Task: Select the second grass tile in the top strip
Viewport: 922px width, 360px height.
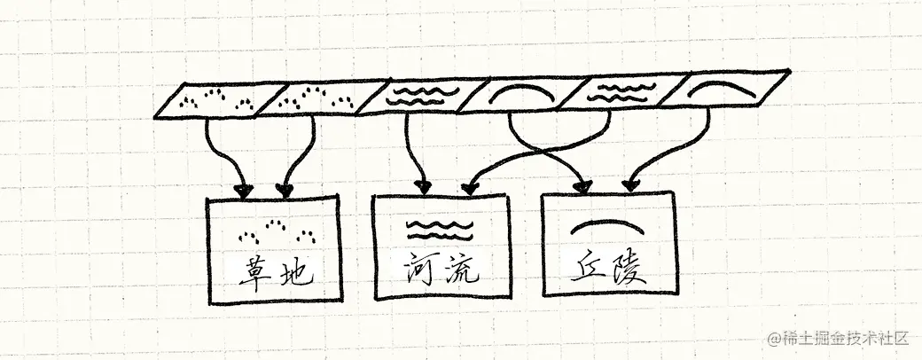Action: (315, 99)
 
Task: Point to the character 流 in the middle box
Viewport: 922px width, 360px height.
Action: (459, 267)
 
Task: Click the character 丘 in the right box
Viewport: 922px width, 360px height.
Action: (584, 264)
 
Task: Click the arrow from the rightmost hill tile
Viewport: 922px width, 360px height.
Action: (674, 151)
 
